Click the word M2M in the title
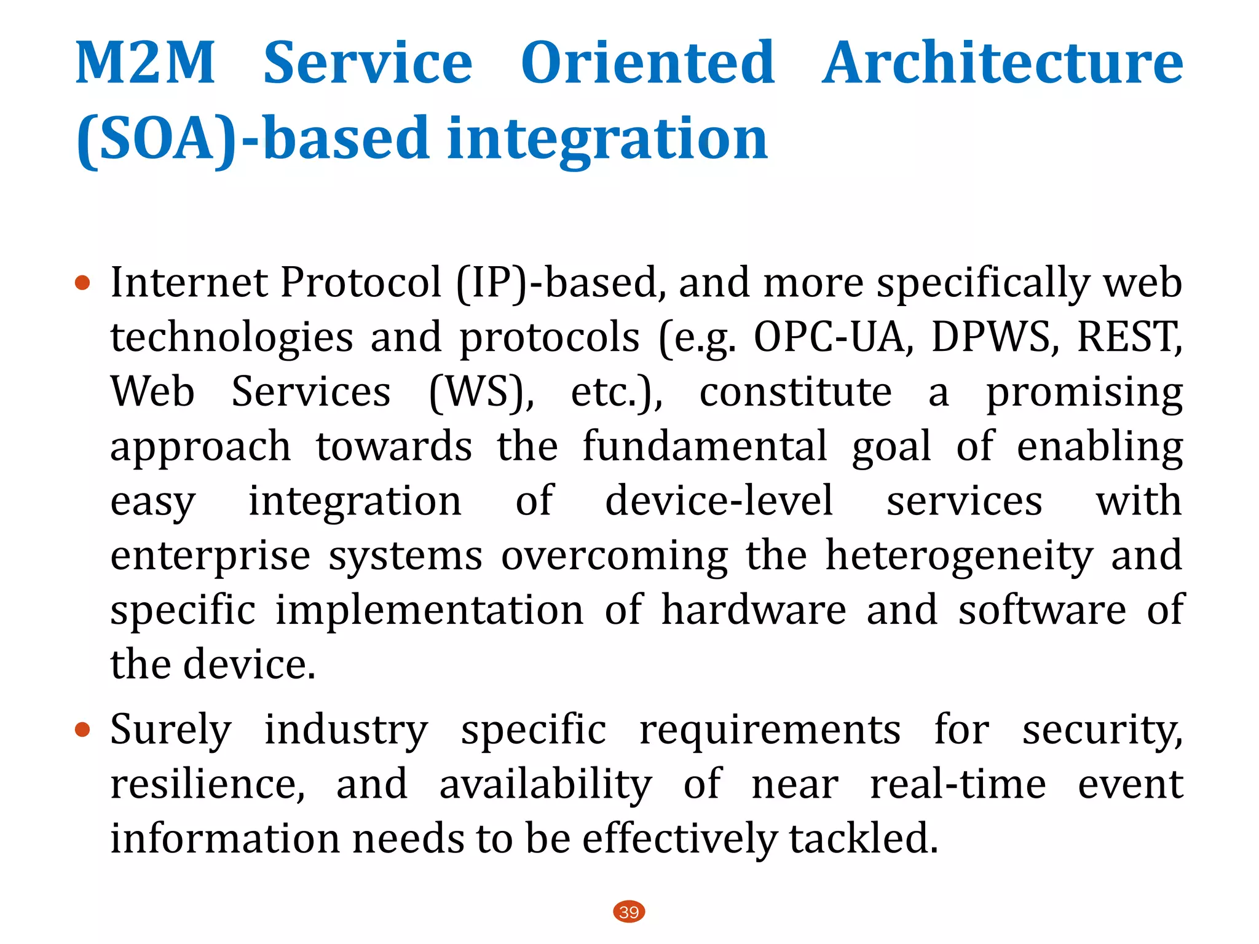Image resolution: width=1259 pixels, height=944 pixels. point(145,63)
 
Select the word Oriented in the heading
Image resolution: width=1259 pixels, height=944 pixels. point(647,63)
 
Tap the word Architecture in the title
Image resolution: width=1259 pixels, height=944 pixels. point(1002,63)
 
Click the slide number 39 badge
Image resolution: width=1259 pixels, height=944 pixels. point(629,911)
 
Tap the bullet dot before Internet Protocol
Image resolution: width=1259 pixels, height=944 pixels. point(82,283)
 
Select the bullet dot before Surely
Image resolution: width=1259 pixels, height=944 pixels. point(82,730)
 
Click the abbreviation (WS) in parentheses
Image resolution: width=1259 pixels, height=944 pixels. point(481,392)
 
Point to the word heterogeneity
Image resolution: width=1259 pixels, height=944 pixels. point(959,556)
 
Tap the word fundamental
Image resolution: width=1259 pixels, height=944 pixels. point(704,446)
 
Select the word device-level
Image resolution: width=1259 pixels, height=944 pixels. point(719,501)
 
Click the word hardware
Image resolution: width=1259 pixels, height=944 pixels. point(754,610)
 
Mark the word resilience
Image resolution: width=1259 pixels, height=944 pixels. point(207,784)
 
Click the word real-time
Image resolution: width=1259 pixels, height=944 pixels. point(958,784)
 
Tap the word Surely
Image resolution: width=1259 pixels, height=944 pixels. point(171,730)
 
